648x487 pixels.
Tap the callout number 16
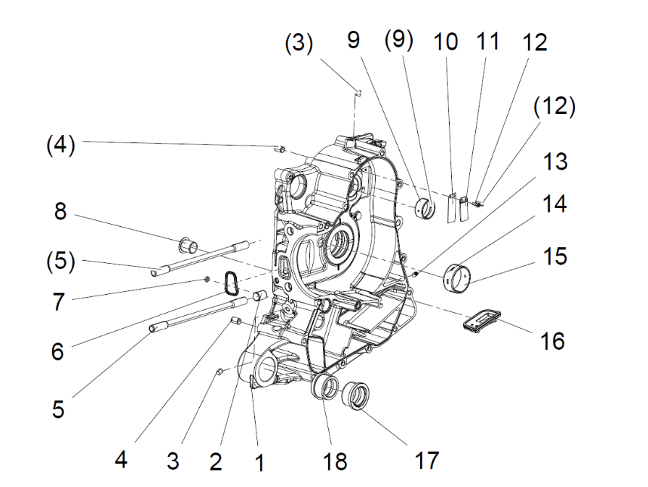point(552,341)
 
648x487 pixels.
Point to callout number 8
point(60,212)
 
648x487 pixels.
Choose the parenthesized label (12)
point(554,107)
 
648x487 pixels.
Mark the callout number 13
point(555,161)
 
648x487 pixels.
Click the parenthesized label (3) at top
point(298,43)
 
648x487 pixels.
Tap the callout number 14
point(554,204)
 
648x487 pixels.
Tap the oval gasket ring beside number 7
point(230,281)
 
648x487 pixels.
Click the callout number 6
point(58,351)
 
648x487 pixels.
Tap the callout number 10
point(446,41)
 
